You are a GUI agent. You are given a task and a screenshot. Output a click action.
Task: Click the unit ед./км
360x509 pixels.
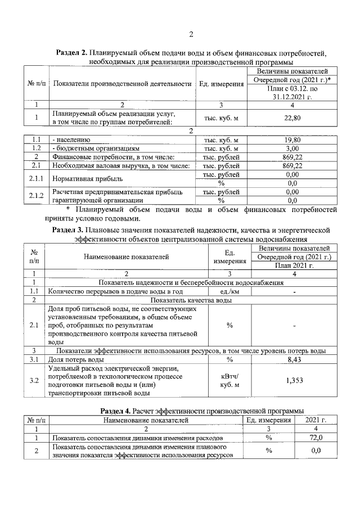point(229,291)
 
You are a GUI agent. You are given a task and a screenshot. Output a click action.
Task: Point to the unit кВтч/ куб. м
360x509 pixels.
point(229,380)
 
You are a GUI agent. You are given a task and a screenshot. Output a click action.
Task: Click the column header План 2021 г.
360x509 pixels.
point(292,265)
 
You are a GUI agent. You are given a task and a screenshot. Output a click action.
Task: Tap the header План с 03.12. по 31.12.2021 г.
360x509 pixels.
point(292,93)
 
